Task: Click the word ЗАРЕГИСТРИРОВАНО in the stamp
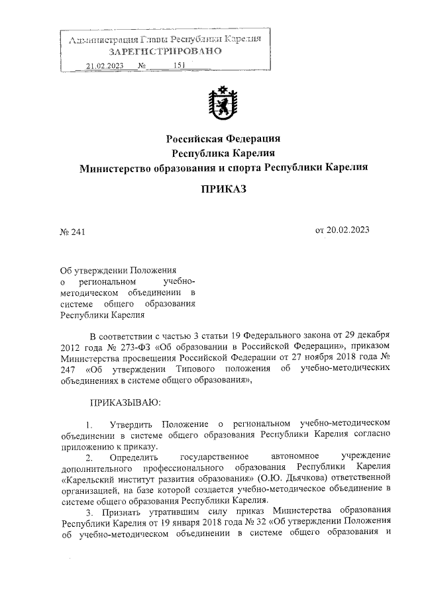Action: point(165,52)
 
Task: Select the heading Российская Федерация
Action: point(223,139)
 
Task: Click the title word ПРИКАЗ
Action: point(223,189)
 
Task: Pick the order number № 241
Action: point(74,231)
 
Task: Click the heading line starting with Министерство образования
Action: point(223,167)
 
